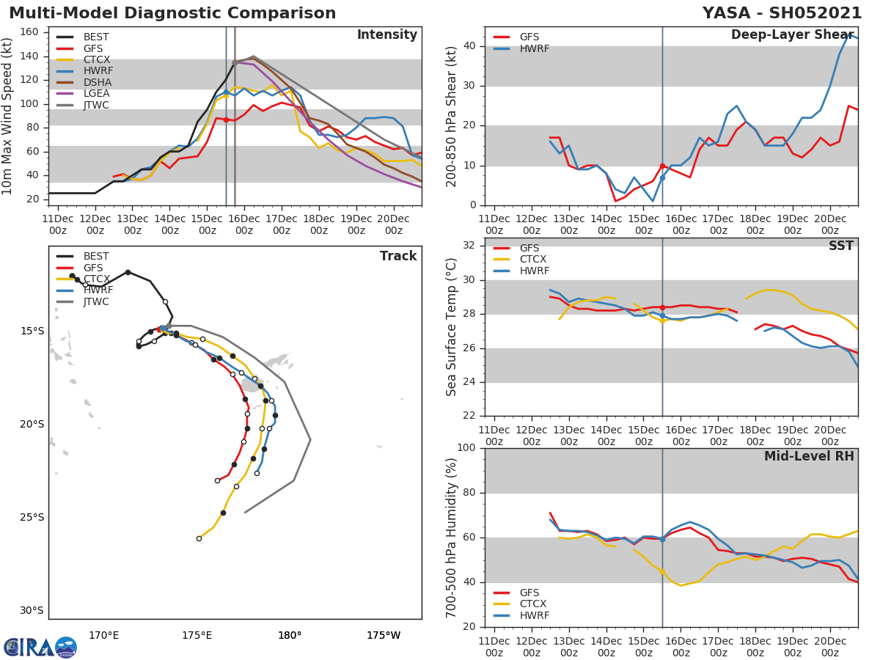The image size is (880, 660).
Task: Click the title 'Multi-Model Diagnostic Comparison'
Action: pyautogui.click(x=172, y=13)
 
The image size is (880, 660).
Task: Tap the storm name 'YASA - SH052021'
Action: pyautogui.click(x=782, y=13)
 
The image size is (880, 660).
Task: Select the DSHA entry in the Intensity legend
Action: pyautogui.click(x=97, y=82)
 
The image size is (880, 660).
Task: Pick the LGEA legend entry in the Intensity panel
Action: pyautogui.click(x=96, y=94)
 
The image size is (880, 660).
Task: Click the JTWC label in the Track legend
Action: pyautogui.click(x=96, y=301)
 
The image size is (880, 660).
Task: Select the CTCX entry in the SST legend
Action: pyautogui.click(x=533, y=260)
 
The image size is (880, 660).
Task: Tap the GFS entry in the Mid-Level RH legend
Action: pyautogui.click(x=529, y=593)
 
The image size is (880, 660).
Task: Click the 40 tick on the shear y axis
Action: pyautogui.click(x=470, y=46)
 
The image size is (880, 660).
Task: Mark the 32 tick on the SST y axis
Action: pyautogui.click(x=470, y=246)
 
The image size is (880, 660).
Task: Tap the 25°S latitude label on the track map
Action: pyautogui.click(x=32, y=517)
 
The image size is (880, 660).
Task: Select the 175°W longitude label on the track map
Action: pyautogui.click(x=383, y=635)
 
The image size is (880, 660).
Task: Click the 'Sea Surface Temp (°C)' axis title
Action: pyautogui.click(x=452, y=327)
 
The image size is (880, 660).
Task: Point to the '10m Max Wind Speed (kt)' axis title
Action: pyautogui.click(x=8, y=116)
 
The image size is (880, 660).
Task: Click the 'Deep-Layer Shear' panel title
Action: pyautogui.click(x=792, y=35)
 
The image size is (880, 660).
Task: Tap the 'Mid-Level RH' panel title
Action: pyautogui.click(x=809, y=456)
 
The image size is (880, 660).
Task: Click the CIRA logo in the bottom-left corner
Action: pyautogui.click(x=40, y=647)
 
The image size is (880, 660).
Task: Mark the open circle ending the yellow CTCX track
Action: pyautogui.click(x=199, y=538)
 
